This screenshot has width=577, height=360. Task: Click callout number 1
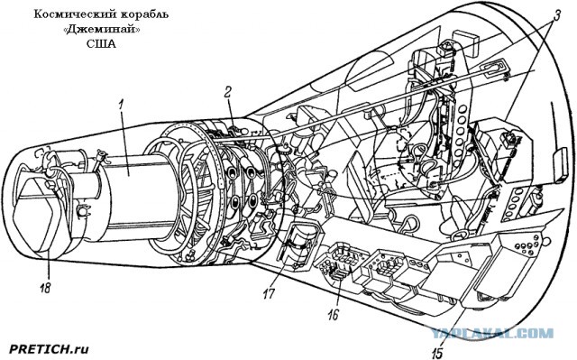120,105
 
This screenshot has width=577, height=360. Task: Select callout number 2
228,92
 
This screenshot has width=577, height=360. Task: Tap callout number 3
557,14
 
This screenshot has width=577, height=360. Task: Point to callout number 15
436,353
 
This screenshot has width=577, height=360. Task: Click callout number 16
334,315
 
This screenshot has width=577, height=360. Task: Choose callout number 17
269,293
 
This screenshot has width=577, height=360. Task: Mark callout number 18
45,287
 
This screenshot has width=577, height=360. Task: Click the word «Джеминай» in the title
102,30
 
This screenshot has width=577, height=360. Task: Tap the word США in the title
101,44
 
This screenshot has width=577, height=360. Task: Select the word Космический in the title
72,14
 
